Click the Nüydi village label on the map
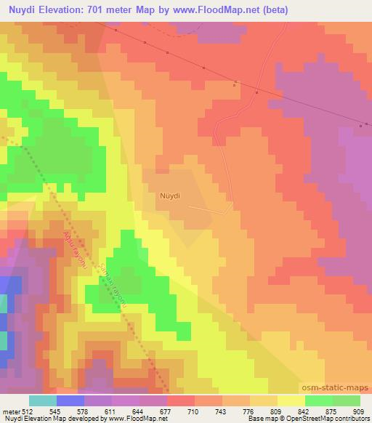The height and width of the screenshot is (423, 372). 169,196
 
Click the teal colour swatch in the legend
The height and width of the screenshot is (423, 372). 42,400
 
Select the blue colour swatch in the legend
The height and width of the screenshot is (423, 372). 70,400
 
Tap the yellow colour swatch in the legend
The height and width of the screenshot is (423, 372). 291,400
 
